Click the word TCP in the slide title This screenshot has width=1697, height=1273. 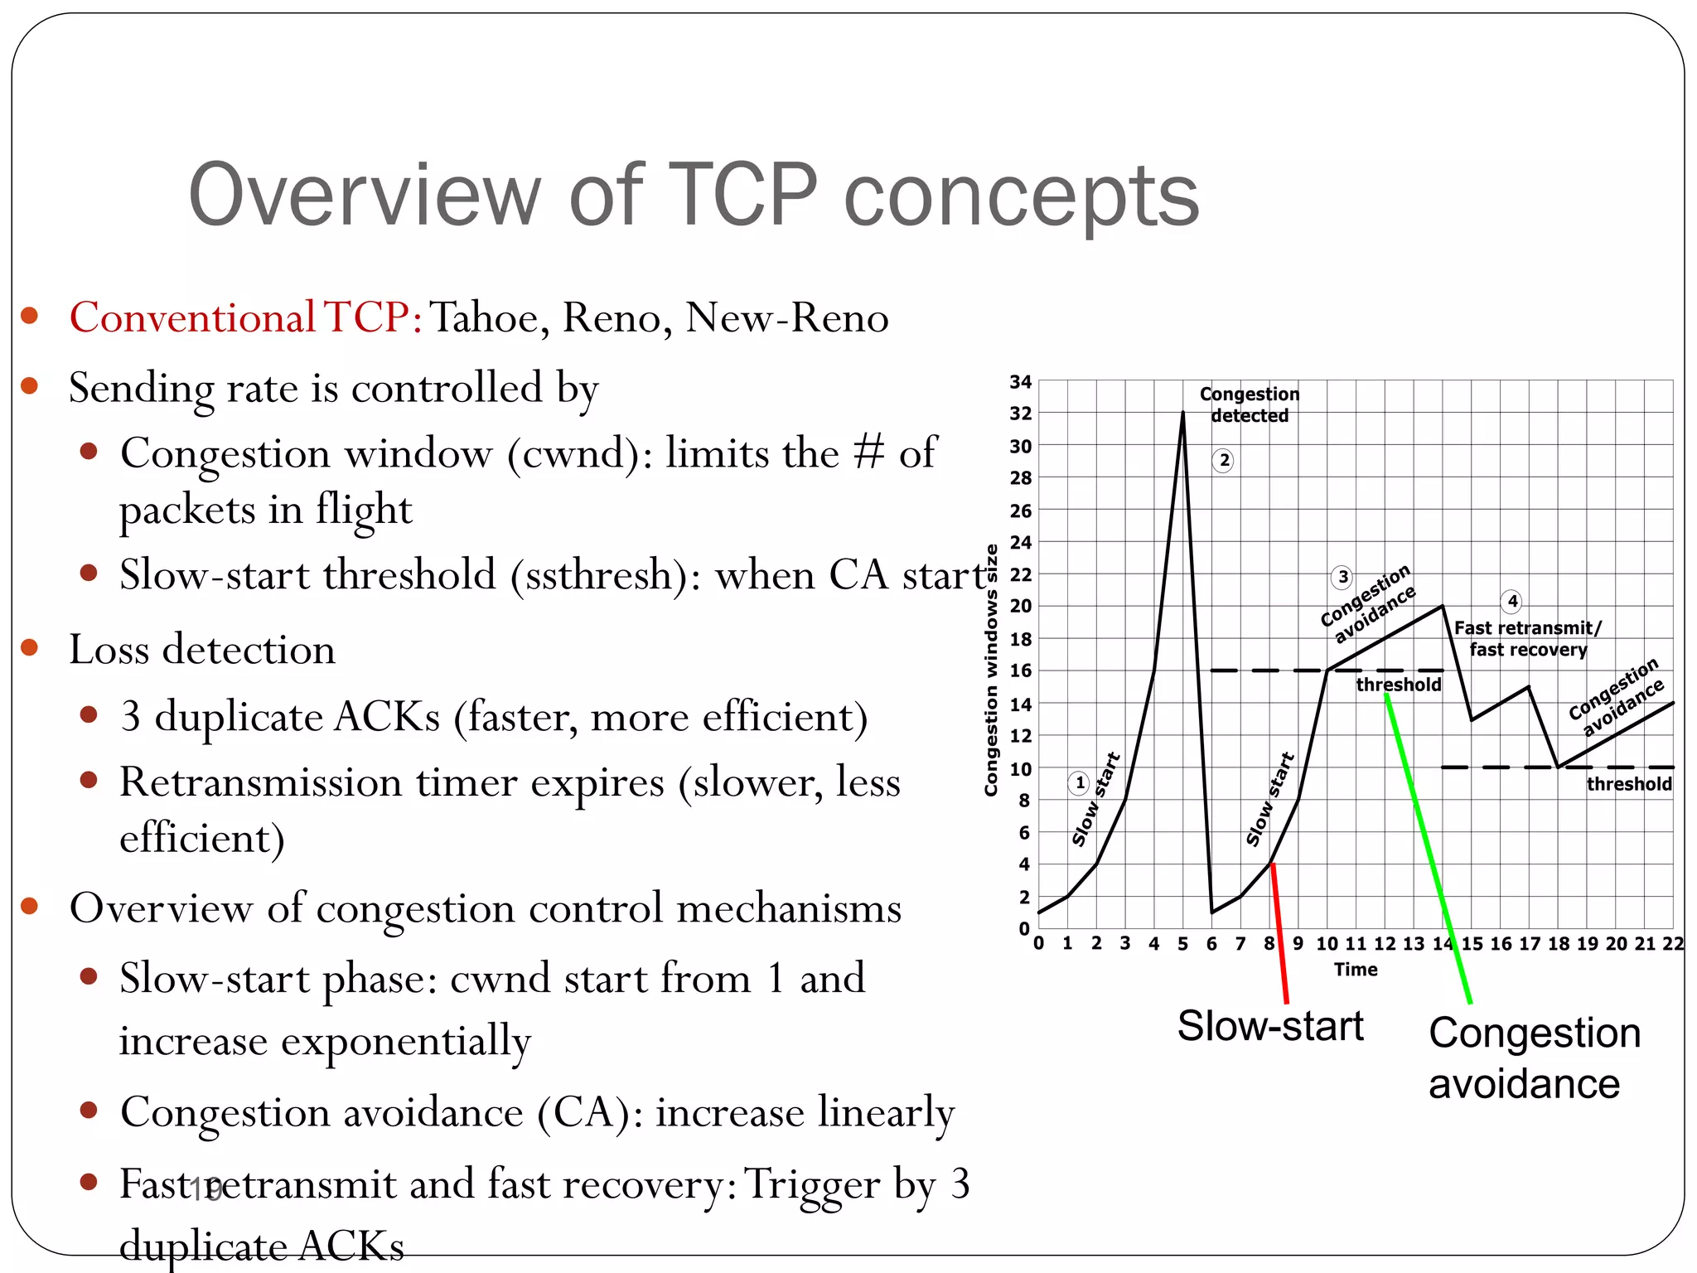point(742,196)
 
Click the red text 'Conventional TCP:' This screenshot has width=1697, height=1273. point(246,317)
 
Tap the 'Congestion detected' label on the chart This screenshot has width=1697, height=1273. point(1250,404)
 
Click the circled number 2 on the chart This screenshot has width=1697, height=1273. point(1224,461)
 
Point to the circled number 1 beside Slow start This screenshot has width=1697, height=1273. point(1079,782)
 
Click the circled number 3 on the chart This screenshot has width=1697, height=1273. point(1342,577)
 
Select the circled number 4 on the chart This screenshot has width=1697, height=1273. point(1512,601)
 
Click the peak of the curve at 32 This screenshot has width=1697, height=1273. point(1182,413)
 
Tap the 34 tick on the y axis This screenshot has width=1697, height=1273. point(1020,382)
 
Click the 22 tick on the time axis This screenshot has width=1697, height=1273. point(1673,944)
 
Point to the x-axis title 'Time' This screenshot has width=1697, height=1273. point(1356,970)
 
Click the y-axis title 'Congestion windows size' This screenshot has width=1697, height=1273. point(991,670)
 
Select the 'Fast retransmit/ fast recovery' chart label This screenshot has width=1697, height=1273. point(1528,639)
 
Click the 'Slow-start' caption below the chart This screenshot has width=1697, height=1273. point(1269,1026)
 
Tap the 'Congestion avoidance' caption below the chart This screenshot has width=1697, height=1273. point(1533,1058)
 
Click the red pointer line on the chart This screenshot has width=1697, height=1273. point(1279,932)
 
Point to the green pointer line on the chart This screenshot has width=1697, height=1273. point(1427,845)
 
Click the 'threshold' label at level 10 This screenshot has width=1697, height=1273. point(1628,784)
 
